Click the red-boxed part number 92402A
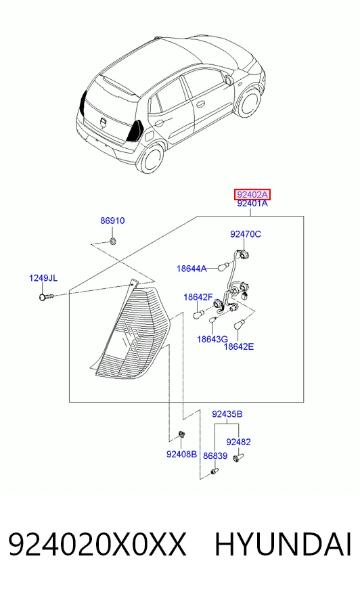(252, 195)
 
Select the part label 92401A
(252, 204)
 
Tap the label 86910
(112, 221)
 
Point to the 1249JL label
(43, 278)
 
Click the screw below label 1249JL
(46, 297)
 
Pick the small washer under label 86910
(113, 240)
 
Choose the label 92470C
(245, 234)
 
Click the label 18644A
(192, 269)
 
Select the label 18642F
(198, 297)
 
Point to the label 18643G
(212, 340)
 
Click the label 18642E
(239, 346)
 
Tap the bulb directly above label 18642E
(240, 324)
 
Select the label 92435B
(227, 414)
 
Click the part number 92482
(238, 442)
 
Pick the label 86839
(215, 456)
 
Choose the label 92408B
(182, 455)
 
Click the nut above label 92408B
(181, 434)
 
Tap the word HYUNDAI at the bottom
(283, 545)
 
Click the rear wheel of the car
(151, 159)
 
